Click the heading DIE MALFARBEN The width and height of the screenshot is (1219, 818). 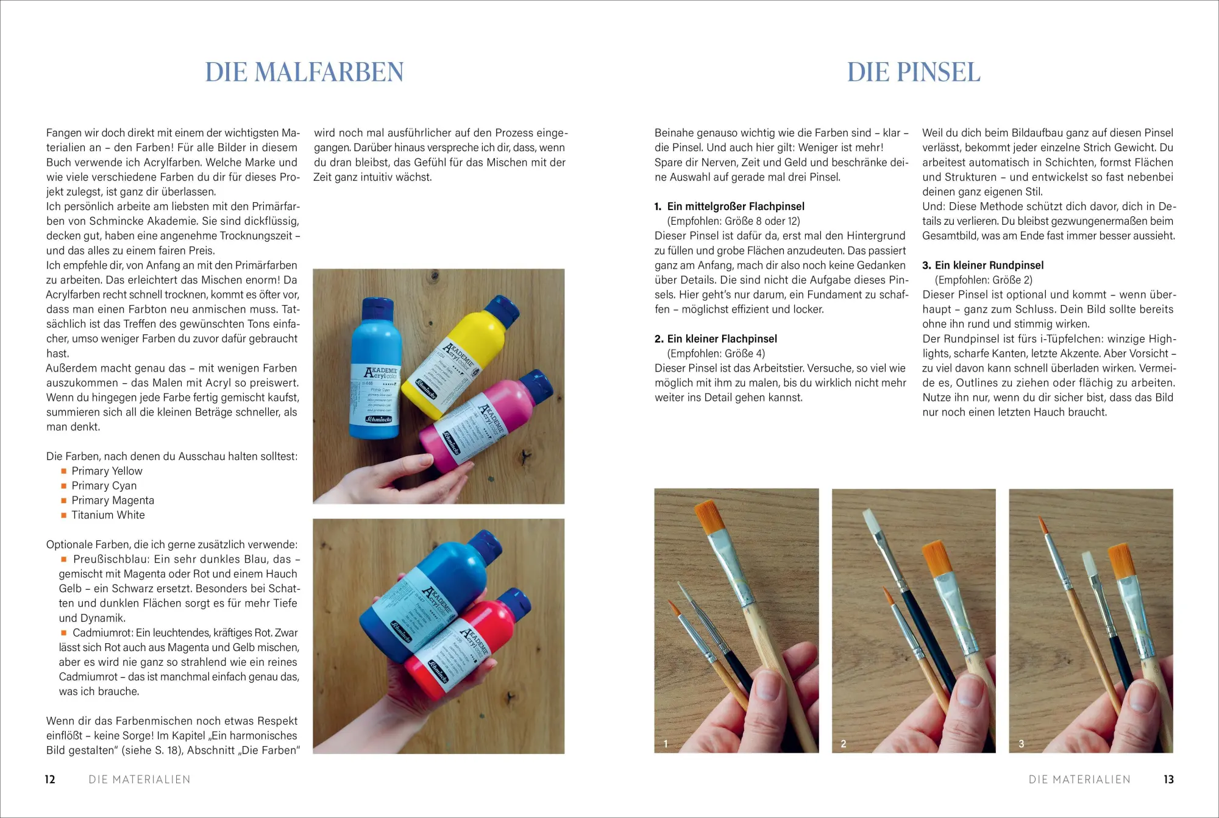click(x=304, y=72)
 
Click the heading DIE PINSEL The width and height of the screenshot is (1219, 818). click(x=913, y=72)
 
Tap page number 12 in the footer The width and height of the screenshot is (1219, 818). click(x=50, y=779)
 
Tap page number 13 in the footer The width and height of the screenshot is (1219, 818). click(x=1168, y=779)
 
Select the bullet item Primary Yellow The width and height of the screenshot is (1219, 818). click(x=107, y=471)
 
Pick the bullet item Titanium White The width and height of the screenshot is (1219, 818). click(x=108, y=515)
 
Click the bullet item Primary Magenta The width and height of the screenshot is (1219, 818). click(x=113, y=500)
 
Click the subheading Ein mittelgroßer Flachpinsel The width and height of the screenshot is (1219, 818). click(x=736, y=206)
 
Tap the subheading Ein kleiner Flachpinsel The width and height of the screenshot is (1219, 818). click(x=722, y=339)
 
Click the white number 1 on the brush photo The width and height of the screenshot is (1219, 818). click(x=666, y=744)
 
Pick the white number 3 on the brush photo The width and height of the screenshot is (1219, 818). click(x=1022, y=744)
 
